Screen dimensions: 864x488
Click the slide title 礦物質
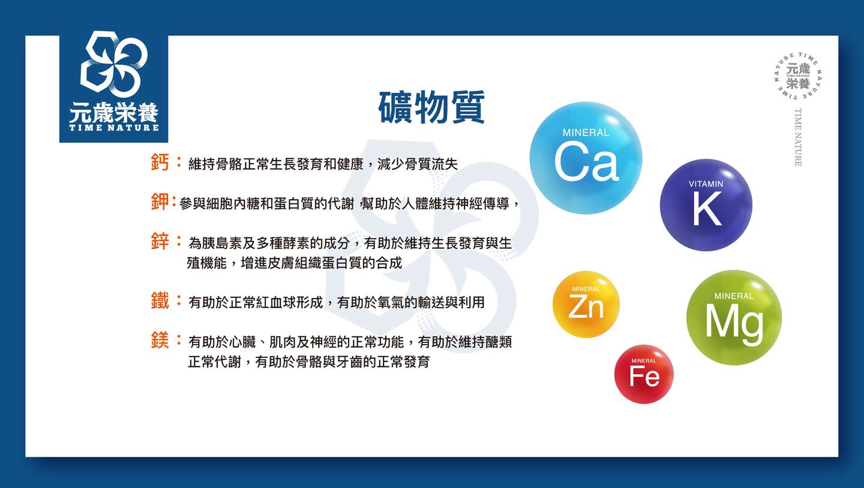point(431,107)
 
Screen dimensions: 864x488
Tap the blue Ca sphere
point(586,158)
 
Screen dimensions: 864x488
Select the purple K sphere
point(706,205)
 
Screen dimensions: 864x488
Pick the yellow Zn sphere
point(586,305)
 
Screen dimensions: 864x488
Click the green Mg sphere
point(734,318)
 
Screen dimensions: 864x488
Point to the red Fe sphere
point(644,374)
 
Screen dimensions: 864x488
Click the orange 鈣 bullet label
point(160,162)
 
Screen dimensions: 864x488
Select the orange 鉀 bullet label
point(160,201)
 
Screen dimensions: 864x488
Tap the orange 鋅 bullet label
point(160,241)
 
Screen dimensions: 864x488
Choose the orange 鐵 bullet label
point(160,301)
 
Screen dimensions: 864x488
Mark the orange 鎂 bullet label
point(160,341)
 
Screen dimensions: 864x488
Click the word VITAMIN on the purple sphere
point(706,184)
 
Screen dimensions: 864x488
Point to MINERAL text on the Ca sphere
point(586,132)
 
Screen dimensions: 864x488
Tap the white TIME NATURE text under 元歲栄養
point(114,128)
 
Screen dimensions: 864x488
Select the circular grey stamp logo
point(797,76)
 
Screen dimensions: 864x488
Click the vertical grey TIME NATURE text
point(797,137)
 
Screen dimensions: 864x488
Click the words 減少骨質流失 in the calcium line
point(418,164)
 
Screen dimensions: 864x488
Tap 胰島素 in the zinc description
point(222,243)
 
